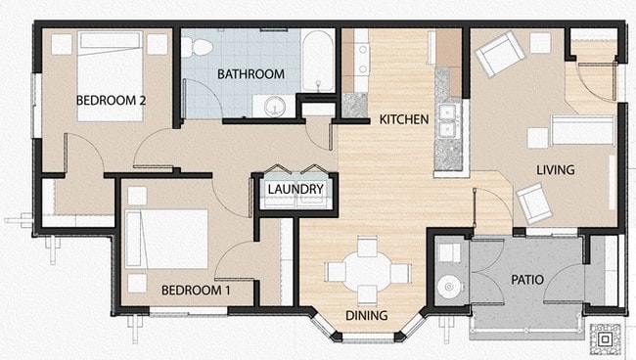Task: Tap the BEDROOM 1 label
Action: point(196,290)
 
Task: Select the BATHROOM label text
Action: point(250,73)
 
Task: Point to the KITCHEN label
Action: point(404,119)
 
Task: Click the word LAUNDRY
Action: point(295,189)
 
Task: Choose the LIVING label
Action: point(555,169)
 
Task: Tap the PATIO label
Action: point(526,280)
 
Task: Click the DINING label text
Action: point(366,315)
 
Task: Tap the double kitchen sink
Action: point(449,122)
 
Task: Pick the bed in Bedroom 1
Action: point(168,239)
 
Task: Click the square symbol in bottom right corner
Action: point(606,339)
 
